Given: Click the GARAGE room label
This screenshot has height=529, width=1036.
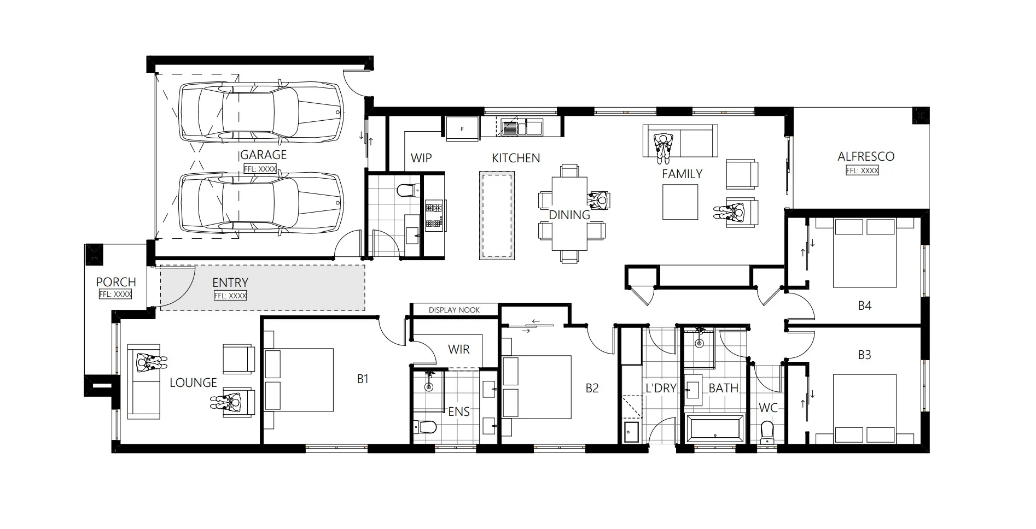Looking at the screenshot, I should (x=263, y=155).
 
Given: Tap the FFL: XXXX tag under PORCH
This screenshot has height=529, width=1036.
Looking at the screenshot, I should (x=115, y=294).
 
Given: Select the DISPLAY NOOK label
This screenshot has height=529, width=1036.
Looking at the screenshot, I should (x=454, y=310).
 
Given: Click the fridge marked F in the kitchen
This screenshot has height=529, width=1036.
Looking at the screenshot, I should (x=463, y=129).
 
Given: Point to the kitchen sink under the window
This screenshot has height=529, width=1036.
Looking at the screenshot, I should (x=510, y=128).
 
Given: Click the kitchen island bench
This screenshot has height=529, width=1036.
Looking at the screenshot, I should (x=497, y=215).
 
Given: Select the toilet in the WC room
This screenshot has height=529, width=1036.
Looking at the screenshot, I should (x=767, y=430).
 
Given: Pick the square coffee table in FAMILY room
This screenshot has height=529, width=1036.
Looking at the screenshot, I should (x=680, y=202).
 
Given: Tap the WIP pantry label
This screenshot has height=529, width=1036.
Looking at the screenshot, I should (x=421, y=158).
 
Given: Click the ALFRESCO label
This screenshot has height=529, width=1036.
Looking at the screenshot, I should (x=866, y=156).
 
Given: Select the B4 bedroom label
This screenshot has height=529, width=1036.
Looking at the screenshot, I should (x=864, y=305).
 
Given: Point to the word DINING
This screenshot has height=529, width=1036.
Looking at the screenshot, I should (x=569, y=215).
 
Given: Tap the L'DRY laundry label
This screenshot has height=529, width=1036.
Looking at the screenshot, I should (x=661, y=388).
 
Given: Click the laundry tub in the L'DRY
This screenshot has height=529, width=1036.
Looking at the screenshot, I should (x=631, y=432).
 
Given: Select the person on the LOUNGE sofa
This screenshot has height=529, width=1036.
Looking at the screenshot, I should (x=148, y=362).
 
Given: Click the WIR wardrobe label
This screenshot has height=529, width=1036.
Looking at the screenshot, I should (x=458, y=349).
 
